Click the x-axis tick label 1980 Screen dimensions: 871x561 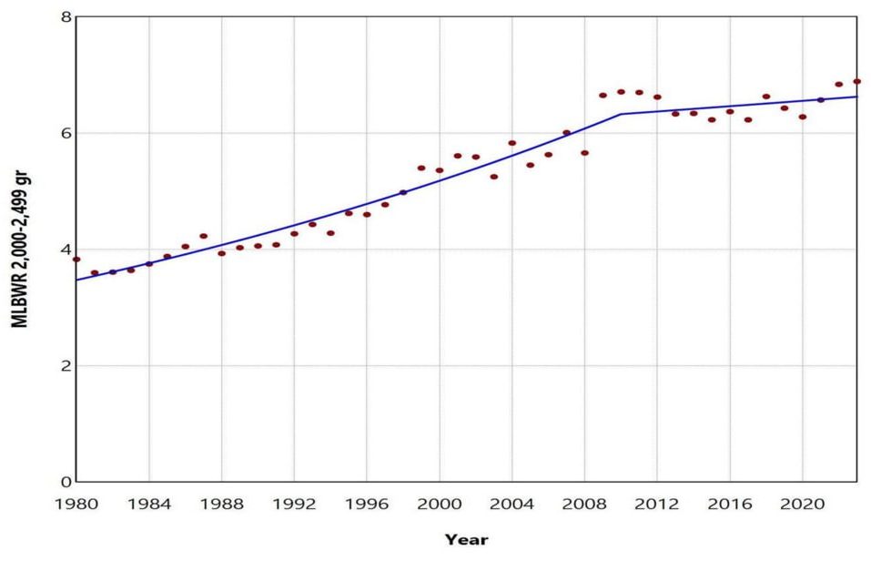tap(76, 505)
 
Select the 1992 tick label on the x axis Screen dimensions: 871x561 tap(294, 505)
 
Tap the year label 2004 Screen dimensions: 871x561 tap(511, 505)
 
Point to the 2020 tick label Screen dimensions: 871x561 tap(802, 505)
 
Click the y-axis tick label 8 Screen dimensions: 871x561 tap(66, 16)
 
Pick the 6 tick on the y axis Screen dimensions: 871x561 tap(66, 133)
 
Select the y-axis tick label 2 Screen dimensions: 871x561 tap(66, 366)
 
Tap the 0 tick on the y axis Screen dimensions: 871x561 tap(66, 482)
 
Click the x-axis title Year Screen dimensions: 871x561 tap(467, 540)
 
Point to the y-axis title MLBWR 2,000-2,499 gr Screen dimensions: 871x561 tap(20, 250)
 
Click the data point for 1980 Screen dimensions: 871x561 tap(76, 260)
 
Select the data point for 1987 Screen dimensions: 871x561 tap(203, 236)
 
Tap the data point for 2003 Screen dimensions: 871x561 tap(494, 177)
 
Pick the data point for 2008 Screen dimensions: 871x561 tap(584, 153)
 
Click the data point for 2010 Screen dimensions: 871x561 tap(621, 92)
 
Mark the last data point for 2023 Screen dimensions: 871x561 tap(856, 81)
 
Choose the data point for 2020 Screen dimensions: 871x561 tap(802, 117)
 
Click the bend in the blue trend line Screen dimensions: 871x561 tap(621, 114)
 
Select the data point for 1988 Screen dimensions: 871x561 tap(222, 253)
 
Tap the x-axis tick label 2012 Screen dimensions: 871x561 tap(657, 505)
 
